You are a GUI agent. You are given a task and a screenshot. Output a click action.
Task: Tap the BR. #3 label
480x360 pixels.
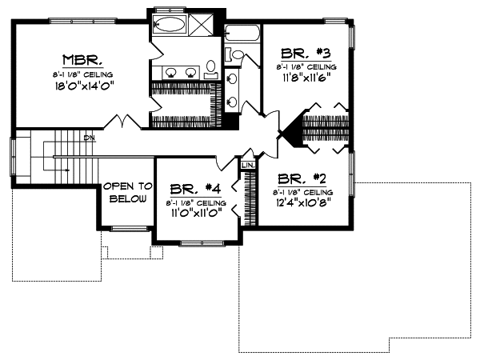click(307, 56)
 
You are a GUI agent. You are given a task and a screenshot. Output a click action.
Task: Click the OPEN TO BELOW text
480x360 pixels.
click(126, 192)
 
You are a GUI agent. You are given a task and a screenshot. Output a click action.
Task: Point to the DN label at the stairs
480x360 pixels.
click(90, 138)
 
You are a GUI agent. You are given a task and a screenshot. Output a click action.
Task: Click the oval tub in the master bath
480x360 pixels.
click(170, 23)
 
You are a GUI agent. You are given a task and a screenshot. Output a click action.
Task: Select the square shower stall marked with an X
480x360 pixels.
click(202, 23)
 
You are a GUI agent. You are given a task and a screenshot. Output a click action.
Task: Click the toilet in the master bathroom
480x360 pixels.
click(211, 69)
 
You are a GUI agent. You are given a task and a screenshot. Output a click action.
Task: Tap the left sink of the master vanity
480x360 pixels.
click(170, 73)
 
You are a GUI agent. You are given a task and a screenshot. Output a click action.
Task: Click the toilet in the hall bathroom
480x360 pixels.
click(237, 54)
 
